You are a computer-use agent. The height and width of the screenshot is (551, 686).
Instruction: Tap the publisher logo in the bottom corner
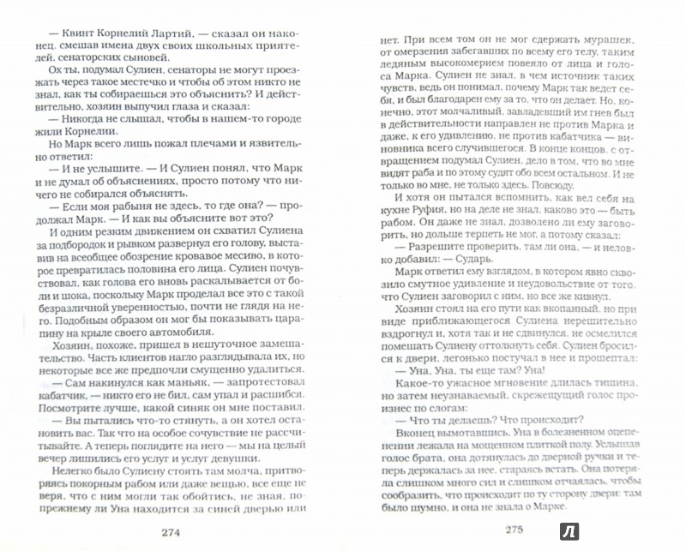click(x=662, y=529)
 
